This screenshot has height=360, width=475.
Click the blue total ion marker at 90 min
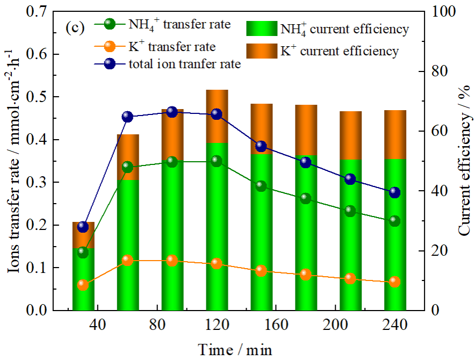172,112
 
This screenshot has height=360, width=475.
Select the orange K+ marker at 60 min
127,260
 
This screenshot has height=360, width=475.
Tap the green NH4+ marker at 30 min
83,252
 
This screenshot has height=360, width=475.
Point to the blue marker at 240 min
394,192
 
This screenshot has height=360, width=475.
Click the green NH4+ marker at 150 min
261,186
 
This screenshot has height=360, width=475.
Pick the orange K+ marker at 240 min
394,282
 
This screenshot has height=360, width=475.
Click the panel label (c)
75,27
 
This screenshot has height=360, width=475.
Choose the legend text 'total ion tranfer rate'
184,64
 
